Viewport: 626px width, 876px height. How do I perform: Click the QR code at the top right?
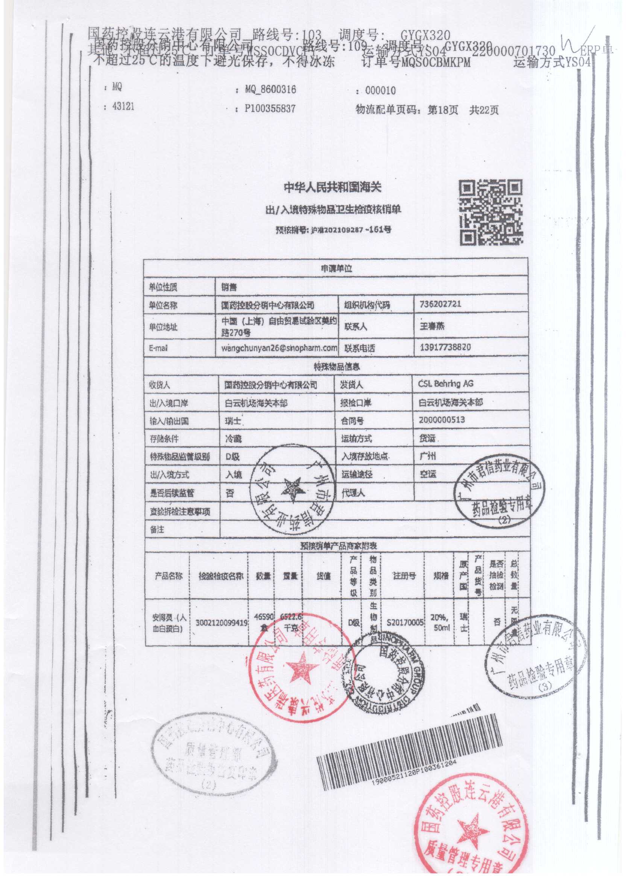[x=491, y=213]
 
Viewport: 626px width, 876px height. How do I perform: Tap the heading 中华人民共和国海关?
[x=332, y=188]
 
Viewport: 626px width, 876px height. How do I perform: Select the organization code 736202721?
[x=439, y=304]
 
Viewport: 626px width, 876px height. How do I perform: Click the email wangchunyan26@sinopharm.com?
[x=279, y=348]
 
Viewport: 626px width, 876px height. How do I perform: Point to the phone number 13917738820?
[x=445, y=347]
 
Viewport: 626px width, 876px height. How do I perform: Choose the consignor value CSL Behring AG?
[x=445, y=384]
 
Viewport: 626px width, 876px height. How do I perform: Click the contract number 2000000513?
[x=442, y=420]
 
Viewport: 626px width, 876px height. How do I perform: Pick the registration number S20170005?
[x=405, y=622]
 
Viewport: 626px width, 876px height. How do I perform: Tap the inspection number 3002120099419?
[x=221, y=622]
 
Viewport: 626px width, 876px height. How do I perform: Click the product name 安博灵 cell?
[x=169, y=623]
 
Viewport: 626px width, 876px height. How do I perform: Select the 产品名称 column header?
[x=169, y=576]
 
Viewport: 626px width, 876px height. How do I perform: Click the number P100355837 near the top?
[x=270, y=109]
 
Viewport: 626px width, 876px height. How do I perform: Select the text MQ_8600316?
[x=270, y=90]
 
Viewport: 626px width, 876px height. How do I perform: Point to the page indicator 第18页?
[x=443, y=110]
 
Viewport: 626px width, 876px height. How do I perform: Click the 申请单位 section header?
[x=336, y=268]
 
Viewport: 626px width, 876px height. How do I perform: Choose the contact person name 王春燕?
[x=432, y=326]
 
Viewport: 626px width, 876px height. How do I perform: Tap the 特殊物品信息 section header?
[x=336, y=366]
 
